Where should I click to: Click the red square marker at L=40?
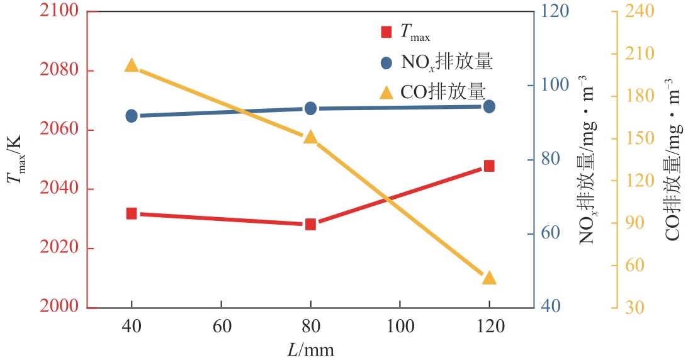coord(132,213)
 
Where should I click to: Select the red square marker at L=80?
coord(310,224)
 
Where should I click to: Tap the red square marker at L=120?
coord(489,166)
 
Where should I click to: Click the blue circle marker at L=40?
coord(132,116)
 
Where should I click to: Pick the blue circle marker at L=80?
coord(310,108)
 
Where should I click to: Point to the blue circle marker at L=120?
coord(489,106)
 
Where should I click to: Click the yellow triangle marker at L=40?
coord(132,65)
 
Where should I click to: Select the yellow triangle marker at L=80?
coord(310,137)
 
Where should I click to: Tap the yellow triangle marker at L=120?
coord(489,278)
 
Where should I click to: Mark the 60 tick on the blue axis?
coord(551,233)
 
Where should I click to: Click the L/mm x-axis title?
coord(310,348)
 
